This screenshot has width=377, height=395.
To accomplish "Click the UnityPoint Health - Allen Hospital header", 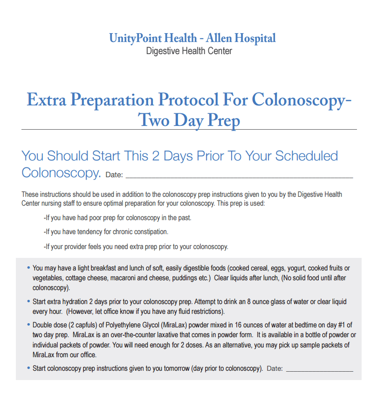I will (192, 38).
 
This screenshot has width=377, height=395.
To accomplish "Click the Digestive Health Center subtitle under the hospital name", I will (189, 51).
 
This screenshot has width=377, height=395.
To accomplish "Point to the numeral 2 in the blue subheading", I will (156, 156).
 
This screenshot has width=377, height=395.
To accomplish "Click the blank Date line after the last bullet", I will (319, 369).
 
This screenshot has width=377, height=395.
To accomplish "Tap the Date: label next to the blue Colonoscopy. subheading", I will (114, 175).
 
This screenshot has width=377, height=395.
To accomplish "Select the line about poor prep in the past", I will (117, 218).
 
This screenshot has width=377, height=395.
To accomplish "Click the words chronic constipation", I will (140, 232).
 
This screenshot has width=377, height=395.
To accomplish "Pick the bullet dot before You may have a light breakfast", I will (29, 268).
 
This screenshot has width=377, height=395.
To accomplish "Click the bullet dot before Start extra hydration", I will (29, 301).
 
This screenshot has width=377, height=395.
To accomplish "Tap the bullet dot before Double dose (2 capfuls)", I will (29, 325).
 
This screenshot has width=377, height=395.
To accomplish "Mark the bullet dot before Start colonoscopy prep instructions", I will (29, 368).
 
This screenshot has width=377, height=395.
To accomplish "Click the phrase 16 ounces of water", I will (256, 325).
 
